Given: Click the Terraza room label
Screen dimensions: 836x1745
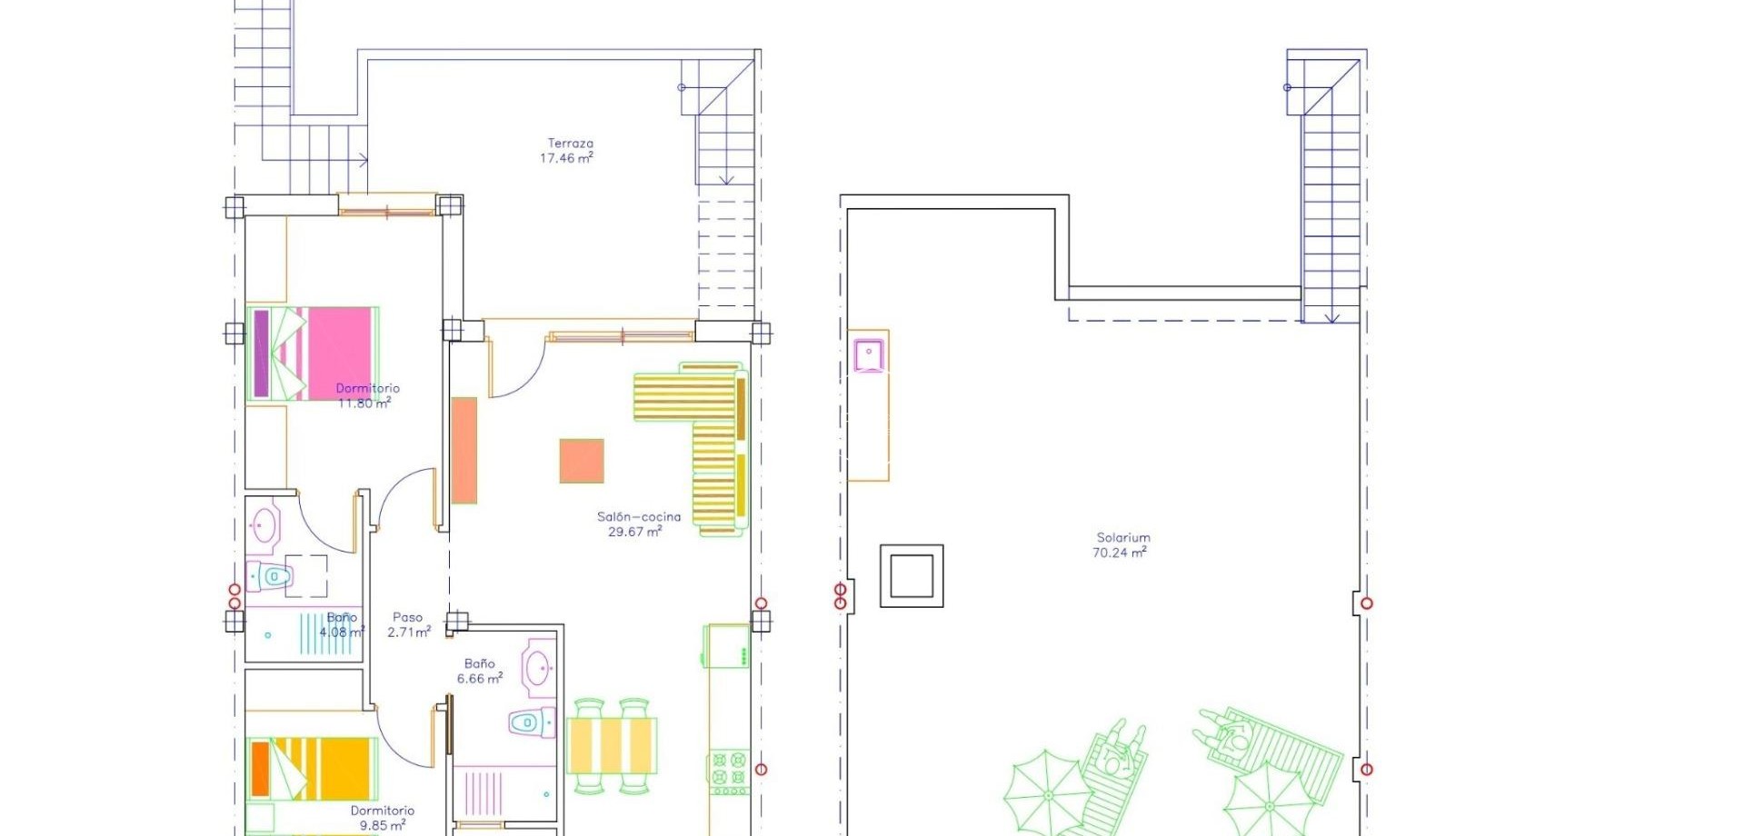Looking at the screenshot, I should pyautogui.click(x=570, y=144).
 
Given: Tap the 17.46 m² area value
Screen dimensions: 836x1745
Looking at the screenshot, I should pyautogui.click(x=566, y=158).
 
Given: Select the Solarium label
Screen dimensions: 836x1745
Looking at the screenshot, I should pyautogui.click(x=1123, y=538).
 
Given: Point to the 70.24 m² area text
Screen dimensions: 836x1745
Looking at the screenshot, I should pyautogui.click(x=1120, y=552).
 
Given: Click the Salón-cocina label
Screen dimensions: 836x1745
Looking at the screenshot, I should pyautogui.click(x=638, y=517).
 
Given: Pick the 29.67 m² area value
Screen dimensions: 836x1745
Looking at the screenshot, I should pyautogui.click(x=634, y=532).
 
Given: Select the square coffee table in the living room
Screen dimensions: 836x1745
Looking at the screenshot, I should pyautogui.click(x=582, y=461).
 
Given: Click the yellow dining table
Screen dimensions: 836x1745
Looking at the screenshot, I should pyautogui.click(x=612, y=746).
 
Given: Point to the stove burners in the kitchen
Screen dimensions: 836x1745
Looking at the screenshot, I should pyautogui.click(x=729, y=771).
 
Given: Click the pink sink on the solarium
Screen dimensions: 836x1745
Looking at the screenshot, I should pyautogui.click(x=869, y=354).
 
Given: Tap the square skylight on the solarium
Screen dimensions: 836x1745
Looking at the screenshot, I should pyautogui.click(x=912, y=575).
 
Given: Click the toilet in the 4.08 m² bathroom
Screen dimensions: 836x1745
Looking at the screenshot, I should pyautogui.click(x=270, y=576).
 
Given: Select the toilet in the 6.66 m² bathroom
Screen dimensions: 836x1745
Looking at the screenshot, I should pyautogui.click(x=528, y=723).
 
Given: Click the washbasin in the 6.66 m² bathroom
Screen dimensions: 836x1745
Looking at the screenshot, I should pyautogui.click(x=538, y=669).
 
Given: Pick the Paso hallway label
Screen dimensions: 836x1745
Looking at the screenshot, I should pyautogui.click(x=408, y=618).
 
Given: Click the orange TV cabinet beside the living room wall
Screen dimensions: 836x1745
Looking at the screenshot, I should pyautogui.click(x=464, y=450).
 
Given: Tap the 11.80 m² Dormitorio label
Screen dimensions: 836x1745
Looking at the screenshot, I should pyautogui.click(x=367, y=389).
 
